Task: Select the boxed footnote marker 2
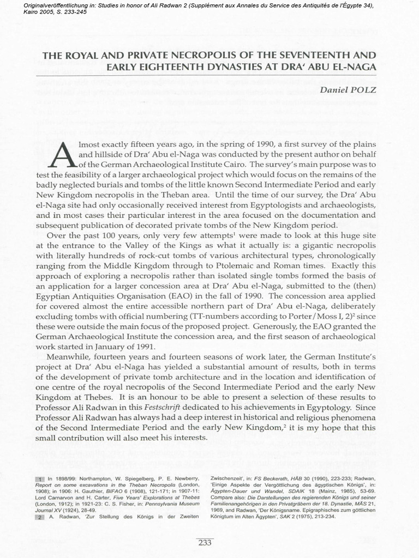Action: coord(41,517)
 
